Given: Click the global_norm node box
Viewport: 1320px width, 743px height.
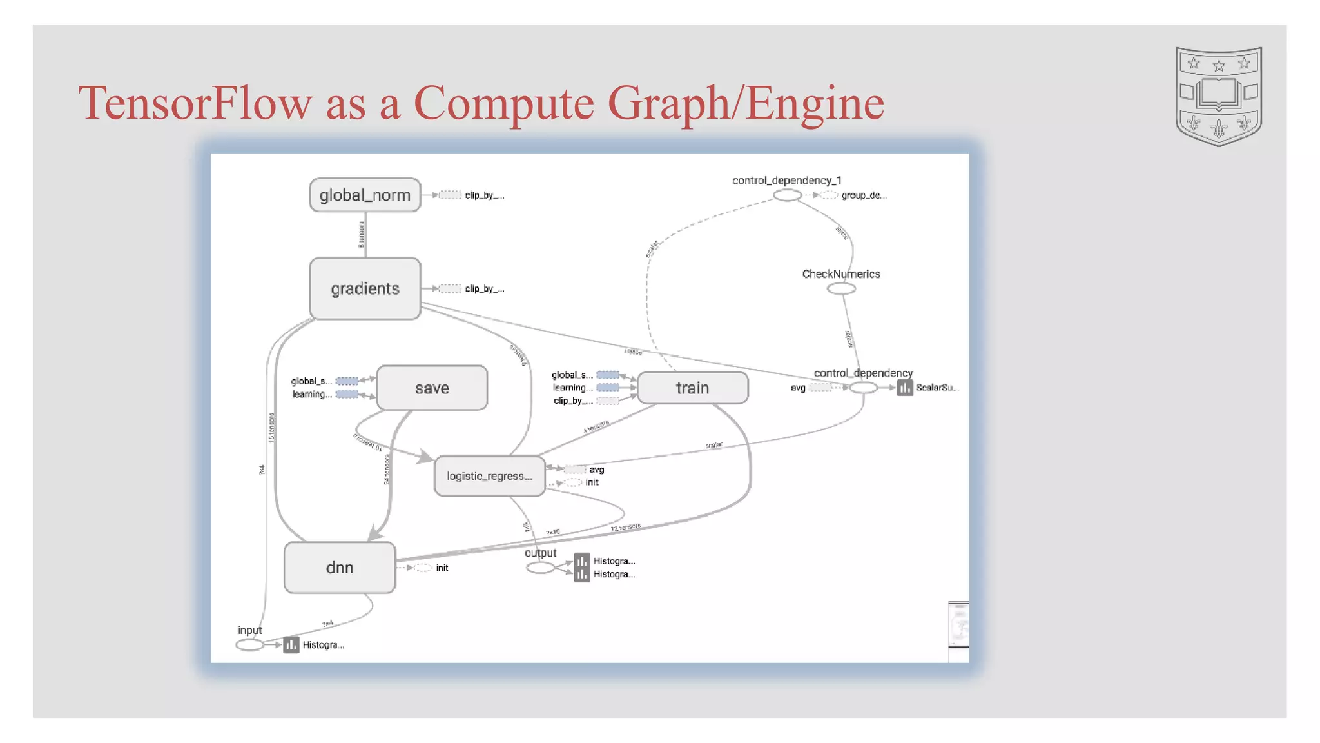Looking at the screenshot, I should point(365,195).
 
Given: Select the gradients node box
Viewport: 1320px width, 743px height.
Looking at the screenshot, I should point(365,288).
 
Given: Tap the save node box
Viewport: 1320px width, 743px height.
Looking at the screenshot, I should point(432,388).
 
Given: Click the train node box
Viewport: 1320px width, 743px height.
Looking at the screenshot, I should point(692,388).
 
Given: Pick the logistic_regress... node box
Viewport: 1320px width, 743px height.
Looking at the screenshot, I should point(489,476).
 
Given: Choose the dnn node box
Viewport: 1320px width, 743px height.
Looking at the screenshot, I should point(340,568).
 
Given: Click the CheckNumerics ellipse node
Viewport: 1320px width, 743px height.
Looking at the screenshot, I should point(841,288).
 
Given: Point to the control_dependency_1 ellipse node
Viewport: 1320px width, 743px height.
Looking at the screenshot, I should point(786,195).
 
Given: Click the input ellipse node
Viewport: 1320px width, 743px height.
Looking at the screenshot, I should point(249,645).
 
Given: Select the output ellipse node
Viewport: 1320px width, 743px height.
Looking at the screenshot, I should point(540,568).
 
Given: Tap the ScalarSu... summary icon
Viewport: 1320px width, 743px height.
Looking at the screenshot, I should point(904,388).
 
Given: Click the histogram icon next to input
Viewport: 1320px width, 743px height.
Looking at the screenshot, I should point(291,645).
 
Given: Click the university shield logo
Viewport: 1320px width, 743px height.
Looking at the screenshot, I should point(1218,95).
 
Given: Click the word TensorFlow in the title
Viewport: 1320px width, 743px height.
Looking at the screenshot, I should point(195,103).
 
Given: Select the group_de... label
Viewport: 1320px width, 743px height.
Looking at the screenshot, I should point(864,195).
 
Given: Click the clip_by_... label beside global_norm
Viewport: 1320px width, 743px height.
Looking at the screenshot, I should point(484,195).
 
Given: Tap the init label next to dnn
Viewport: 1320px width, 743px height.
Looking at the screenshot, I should point(442,568).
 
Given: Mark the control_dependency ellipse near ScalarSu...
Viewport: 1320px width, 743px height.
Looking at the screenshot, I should point(863,388).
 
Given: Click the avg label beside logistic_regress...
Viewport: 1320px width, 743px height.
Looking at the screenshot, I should point(596,470).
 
